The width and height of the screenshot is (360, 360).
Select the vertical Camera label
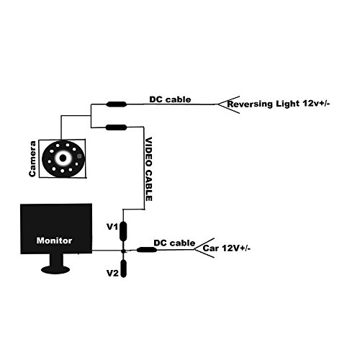click(x=32, y=158)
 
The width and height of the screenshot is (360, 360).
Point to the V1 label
click(x=112, y=228)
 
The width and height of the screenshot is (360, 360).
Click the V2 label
click(x=112, y=274)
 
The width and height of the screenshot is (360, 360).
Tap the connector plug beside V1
click(x=125, y=230)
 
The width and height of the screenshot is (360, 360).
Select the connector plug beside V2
click(x=125, y=271)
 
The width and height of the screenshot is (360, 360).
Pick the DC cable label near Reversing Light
click(x=170, y=99)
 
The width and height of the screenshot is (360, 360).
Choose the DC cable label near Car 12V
click(x=171, y=243)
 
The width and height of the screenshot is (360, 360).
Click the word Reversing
click(x=252, y=105)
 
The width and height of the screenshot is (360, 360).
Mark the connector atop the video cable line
click(x=117, y=127)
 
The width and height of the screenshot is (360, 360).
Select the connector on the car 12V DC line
click(x=148, y=250)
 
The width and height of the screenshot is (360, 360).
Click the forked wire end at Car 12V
click(x=201, y=248)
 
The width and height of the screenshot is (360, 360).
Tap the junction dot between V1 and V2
click(x=125, y=250)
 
